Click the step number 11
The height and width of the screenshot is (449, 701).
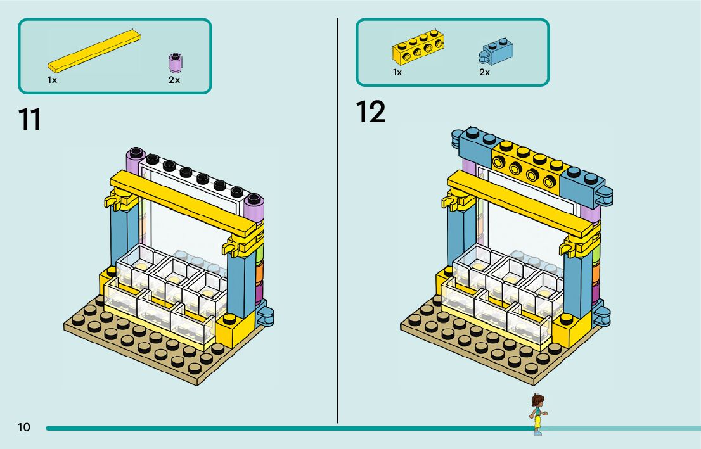[x=29, y=119]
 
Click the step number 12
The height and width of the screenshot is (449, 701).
[x=370, y=112]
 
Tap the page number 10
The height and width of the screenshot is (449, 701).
[x=23, y=427]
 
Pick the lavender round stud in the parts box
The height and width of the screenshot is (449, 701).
[x=174, y=63]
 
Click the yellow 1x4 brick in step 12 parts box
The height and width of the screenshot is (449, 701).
[x=417, y=47]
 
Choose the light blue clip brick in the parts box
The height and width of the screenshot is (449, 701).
[x=495, y=53]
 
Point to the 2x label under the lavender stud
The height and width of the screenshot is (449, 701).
[x=174, y=80]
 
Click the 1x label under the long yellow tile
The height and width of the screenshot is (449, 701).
[x=52, y=80]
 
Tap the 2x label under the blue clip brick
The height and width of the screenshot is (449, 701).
[x=484, y=73]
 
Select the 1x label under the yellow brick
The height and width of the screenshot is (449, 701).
[x=397, y=73]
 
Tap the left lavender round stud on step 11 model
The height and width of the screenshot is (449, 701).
[x=134, y=155]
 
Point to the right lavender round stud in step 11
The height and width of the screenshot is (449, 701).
[x=254, y=202]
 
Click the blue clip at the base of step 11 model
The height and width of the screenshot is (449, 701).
[x=266, y=315]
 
